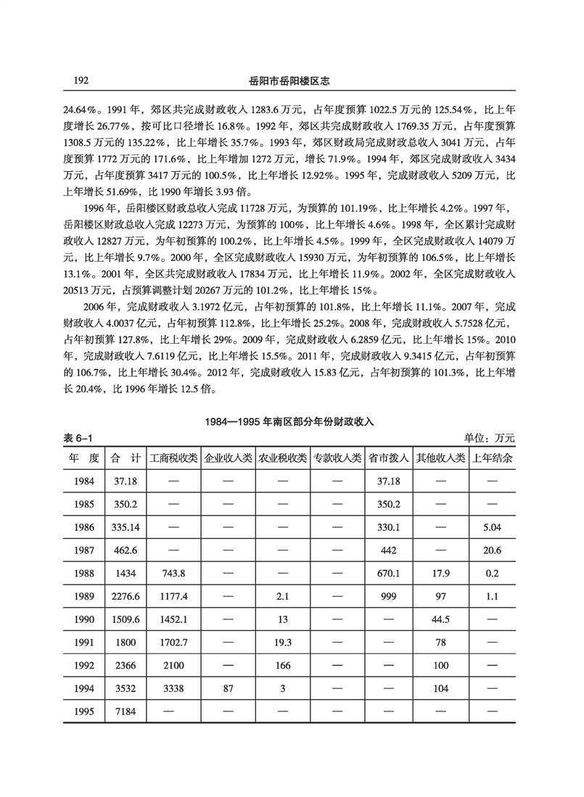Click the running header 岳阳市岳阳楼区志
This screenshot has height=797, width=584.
(x=291, y=79)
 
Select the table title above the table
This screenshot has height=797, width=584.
(x=291, y=421)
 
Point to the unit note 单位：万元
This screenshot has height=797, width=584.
(x=490, y=437)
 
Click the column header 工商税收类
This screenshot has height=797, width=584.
(x=173, y=458)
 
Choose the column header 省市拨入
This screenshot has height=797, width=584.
(x=390, y=458)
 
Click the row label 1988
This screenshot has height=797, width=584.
(x=84, y=573)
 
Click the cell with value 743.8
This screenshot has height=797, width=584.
(x=173, y=573)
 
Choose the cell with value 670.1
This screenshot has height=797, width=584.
(x=390, y=573)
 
